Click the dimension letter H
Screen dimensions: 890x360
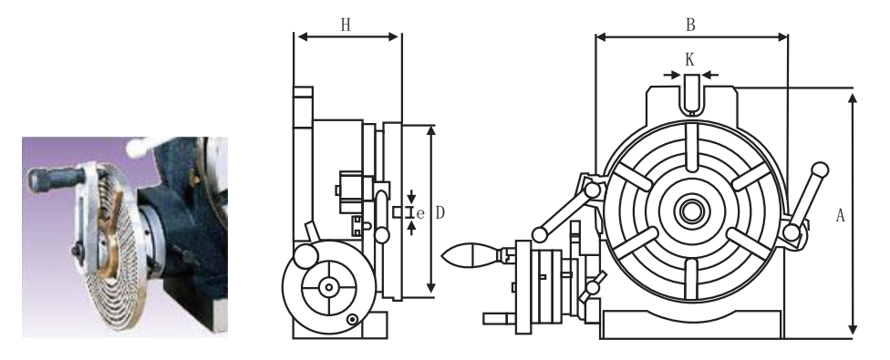[346, 25]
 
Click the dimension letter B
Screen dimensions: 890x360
[690, 25]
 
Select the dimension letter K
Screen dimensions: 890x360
[689, 59]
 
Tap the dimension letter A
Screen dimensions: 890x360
[841, 215]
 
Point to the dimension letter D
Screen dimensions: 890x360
[440, 213]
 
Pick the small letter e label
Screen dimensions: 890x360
[420, 214]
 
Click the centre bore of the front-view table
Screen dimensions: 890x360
[691, 211]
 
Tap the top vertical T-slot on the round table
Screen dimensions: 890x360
[690, 147]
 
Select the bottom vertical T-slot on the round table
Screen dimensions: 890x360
[690, 278]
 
